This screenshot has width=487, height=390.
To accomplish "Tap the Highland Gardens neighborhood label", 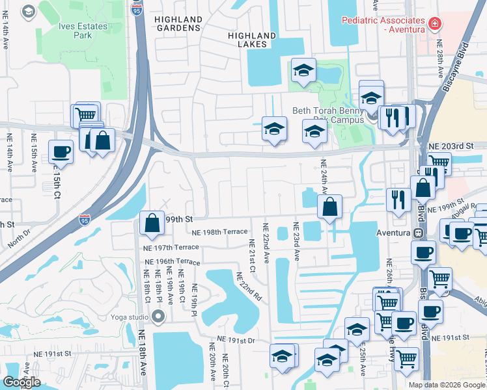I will pyautogui.click(x=178, y=24).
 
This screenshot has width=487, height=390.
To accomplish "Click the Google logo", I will pyautogui.click(x=21, y=382).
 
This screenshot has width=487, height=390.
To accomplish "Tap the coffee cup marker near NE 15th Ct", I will pyautogui.click(x=61, y=151).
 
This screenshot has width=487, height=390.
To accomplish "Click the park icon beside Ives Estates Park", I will pyautogui.click(x=29, y=12).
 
